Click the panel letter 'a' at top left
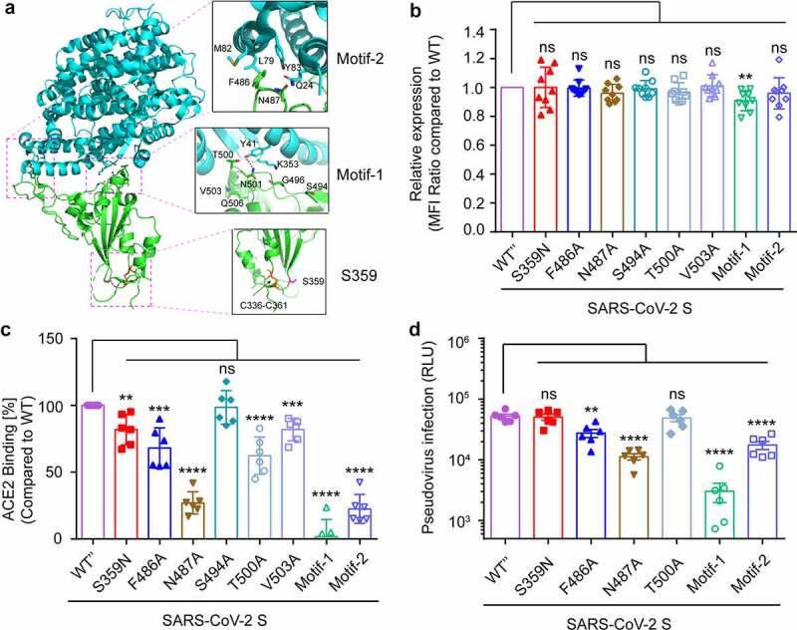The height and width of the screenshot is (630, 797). pos(8,10)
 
